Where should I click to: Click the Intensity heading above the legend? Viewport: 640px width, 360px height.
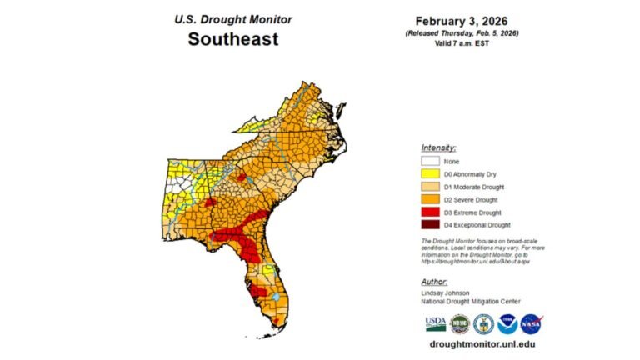click(438, 147)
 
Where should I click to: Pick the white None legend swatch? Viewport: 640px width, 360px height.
click(431, 161)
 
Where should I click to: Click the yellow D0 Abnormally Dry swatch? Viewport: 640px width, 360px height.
click(431, 173)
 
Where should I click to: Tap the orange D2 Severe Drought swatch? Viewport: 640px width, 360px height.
click(431, 199)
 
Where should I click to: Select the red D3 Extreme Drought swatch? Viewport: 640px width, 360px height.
click(431, 212)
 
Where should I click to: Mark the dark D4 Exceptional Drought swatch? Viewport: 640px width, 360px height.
click(431, 224)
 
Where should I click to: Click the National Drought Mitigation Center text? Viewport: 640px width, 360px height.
click(471, 302)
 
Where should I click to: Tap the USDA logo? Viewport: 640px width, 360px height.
click(435, 323)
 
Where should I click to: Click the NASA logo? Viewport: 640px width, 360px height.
click(532, 323)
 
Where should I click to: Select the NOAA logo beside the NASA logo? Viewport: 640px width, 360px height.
click(507, 323)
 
